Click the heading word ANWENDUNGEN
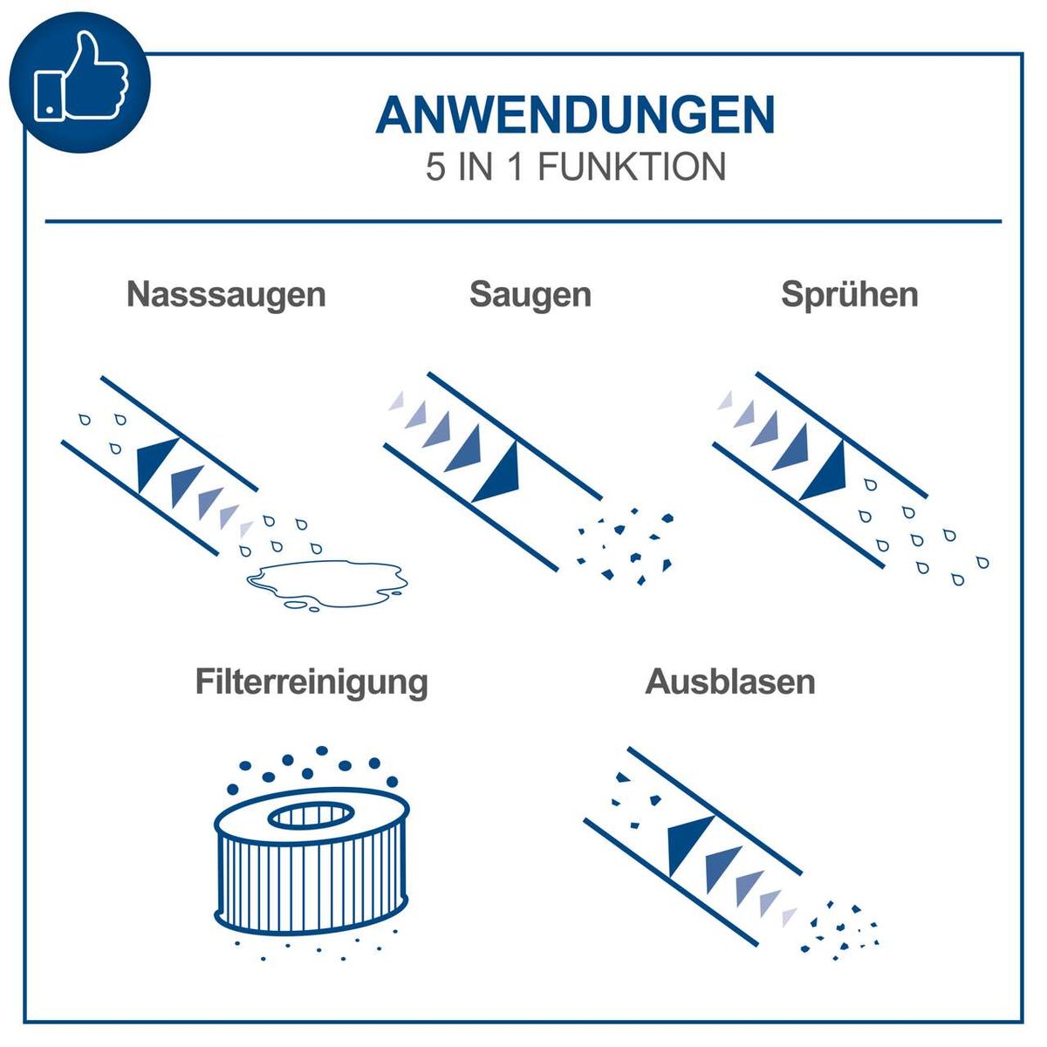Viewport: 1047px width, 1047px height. (x=575, y=115)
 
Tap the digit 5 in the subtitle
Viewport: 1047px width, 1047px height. (x=435, y=168)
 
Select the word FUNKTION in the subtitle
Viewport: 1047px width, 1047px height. (x=631, y=168)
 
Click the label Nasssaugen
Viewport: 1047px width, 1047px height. (x=226, y=294)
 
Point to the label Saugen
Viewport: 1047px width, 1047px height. (x=530, y=294)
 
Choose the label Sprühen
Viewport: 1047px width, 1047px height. (x=849, y=294)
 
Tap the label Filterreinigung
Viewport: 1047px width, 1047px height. (x=311, y=681)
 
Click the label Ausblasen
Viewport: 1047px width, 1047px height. (x=730, y=681)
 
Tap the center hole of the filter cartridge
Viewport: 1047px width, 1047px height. (x=311, y=817)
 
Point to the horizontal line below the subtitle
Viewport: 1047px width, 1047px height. (x=523, y=222)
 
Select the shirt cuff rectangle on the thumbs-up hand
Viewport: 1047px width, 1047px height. (x=48, y=96)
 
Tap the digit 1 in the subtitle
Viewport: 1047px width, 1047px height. (x=516, y=168)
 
